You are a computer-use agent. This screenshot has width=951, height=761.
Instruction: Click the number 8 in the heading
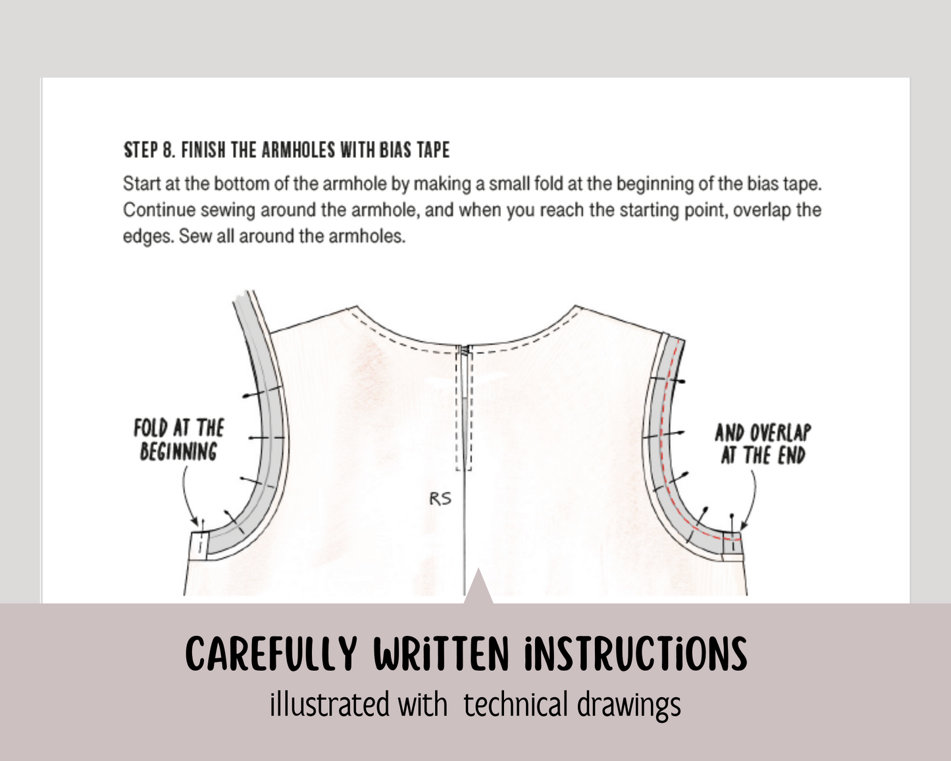tap(168, 151)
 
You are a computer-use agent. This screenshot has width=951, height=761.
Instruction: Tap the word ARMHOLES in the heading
tap(298, 151)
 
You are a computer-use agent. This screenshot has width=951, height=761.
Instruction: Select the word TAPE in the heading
tap(433, 151)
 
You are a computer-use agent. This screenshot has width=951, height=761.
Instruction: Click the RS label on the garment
tap(440, 499)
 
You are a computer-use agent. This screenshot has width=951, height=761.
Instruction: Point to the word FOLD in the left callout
tap(151, 429)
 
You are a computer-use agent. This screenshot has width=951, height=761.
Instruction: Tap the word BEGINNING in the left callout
tap(178, 452)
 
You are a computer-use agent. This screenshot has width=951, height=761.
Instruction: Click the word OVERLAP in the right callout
tap(781, 433)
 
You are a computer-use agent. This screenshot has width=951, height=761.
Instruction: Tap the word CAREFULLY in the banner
tap(271, 654)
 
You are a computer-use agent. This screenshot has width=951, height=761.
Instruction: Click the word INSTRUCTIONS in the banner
tap(636, 654)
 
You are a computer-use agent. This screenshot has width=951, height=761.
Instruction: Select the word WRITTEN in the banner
tap(441, 654)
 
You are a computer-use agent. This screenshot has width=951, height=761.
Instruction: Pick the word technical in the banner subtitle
tap(515, 704)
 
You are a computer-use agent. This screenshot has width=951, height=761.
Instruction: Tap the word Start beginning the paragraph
tap(141, 184)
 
